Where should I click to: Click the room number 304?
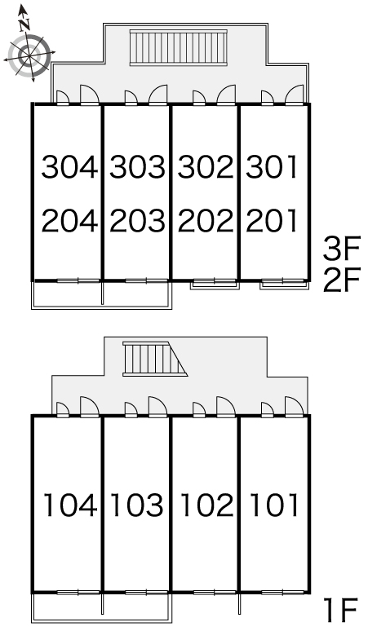pos(69,166)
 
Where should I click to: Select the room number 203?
pos(137,221)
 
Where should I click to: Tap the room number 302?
pos(206,166)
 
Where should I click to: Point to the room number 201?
pos(272,221)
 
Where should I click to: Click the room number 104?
pos(70,505)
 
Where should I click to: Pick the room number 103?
pos(137,505)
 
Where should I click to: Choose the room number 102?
pos(206,505)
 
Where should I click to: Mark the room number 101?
pos(275,505)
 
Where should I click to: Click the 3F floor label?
pos(340,249)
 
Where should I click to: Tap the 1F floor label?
pos(342,610)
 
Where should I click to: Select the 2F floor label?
pos(340,280)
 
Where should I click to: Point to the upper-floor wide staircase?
pos(179,47)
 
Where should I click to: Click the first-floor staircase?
pos(155,359)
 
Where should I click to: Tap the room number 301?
pos(272,166)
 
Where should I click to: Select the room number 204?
pos(69,221)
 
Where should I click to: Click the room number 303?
pos(137,166)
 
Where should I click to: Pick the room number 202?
pos(206,221)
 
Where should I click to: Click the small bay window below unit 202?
pos(215,284)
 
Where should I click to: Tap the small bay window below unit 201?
pos(284,284)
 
